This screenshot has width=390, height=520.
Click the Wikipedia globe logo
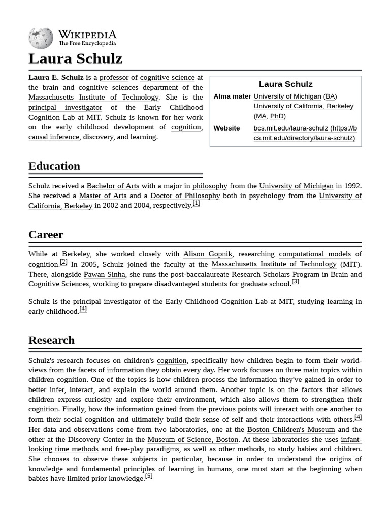(x=41, y=38)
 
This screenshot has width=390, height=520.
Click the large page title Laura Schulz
(x=75, y=59)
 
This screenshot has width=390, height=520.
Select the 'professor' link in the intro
(x=114, y=78)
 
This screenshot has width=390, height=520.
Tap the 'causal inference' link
(x=54, y=137)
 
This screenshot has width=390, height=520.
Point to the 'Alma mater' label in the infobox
(x=232, y=96)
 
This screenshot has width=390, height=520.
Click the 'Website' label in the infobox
(x=226, y=128)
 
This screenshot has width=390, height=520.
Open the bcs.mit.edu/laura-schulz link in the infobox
(x=305, y=133)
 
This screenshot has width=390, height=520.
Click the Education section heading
(x=54, y=166)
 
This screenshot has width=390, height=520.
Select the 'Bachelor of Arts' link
(x=113, y=186)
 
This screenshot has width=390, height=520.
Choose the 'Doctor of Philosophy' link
(x=185, y=196)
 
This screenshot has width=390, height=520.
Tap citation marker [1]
(x=196, y=204)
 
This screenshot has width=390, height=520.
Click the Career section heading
(x=46, y=235)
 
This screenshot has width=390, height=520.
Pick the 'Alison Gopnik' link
(x=207, y=254)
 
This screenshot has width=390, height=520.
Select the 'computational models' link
(x=315, y=254)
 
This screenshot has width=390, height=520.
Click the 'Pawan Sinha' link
(x=105, y=275)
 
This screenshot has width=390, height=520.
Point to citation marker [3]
(x=295, y=282)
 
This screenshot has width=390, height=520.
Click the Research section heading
(x=51, y=340)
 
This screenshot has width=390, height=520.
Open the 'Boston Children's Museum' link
(x=291, y=430)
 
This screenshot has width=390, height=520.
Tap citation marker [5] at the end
(x=148, y=477)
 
